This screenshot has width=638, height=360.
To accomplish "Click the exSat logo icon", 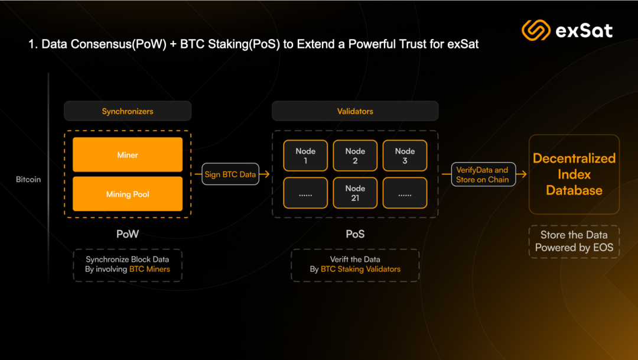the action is click(536, 30).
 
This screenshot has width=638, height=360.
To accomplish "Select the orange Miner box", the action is click(128, 155).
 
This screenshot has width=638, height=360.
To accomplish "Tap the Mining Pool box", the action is click(128, 194).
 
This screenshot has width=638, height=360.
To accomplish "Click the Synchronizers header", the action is click(128, 111).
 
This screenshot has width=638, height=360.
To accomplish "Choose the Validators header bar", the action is click(355, 111).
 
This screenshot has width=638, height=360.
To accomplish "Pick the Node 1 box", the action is click(305, 155).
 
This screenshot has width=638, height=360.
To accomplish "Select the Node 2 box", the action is click(355, 155).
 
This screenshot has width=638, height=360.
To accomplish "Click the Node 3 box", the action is click(405, 155).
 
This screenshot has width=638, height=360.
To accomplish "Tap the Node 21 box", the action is click(355, 193).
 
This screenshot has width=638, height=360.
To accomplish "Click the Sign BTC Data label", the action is click(230, 174).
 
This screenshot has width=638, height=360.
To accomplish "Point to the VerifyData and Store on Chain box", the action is click(483, 174).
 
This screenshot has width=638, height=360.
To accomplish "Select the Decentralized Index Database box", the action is click(574, 174).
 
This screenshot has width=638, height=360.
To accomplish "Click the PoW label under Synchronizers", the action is click(128, 234).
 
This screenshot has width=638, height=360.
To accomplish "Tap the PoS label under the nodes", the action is click(355, 234).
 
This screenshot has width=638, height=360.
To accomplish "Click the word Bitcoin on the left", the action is click(28, 180).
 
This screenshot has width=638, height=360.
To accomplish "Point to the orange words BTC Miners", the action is click(149, 269).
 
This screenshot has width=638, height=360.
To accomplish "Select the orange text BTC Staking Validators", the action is click(360, 269).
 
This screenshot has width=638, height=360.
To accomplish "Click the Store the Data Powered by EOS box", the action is click(574, 242).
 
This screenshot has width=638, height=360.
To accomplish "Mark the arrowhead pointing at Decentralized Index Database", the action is click(523, 174).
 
